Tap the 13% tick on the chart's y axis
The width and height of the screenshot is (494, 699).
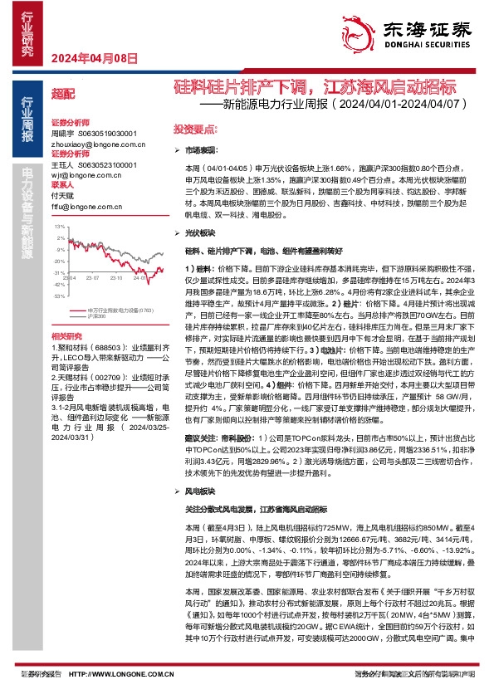click(x=58, y=226)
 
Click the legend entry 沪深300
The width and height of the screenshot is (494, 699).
click(x=95, y=316)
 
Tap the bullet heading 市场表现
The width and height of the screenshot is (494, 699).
click(x=198, y=150)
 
